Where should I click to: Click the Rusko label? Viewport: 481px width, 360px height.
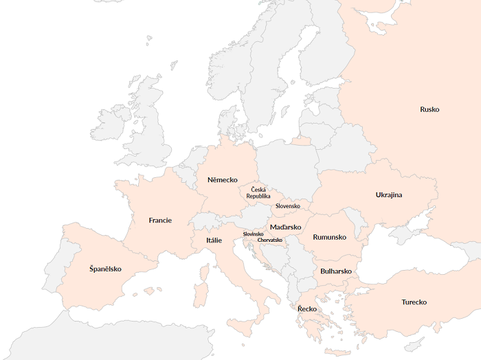[x=429, y=109]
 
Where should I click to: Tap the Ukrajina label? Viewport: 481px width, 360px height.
[x=389, y=195]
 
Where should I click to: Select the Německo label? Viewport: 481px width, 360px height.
[x=222, y=180]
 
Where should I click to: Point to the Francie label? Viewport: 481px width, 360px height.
[x=160, y=221]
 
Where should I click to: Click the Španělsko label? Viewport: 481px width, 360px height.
[x=105, y=269]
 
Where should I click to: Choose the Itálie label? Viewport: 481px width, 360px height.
[x=214, y=240]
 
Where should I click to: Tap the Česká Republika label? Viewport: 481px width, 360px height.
[x=258, y=193]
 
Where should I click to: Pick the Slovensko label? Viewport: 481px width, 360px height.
[x=288, y=206]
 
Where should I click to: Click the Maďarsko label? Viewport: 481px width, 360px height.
[x=285, y=227]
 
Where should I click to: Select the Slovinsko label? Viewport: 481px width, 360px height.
[x=253, y=234]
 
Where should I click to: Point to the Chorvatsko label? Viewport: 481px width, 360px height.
[x=270, y=240]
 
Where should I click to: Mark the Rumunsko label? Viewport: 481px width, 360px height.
[x=329, y=237]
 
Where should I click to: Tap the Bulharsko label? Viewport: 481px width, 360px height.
[x=336, y=271]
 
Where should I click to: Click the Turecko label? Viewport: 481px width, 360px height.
[x=414, y=302]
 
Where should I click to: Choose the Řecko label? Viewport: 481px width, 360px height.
[x=307, y=309]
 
